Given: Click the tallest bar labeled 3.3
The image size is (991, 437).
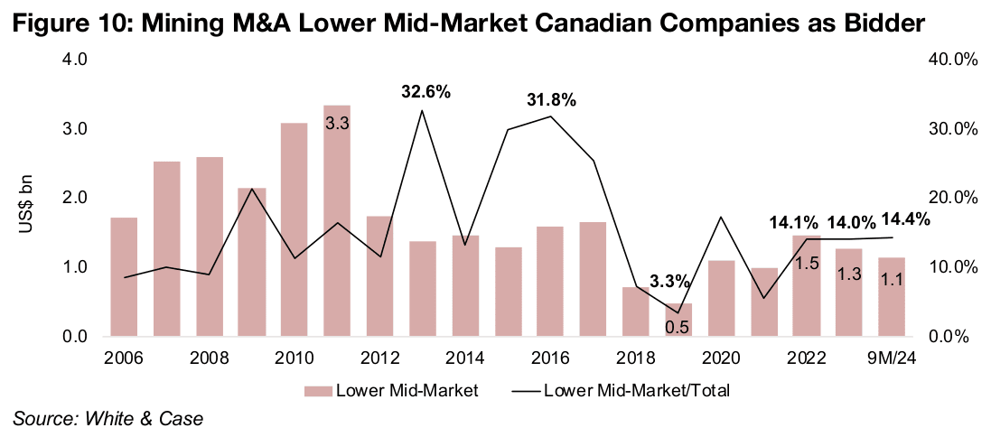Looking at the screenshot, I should tap(337, 220).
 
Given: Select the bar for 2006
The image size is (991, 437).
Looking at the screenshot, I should tap(124, 276).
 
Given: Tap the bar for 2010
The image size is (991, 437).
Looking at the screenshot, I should tap(294, 229).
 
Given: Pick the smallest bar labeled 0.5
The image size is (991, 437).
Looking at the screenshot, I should tap(678, 320).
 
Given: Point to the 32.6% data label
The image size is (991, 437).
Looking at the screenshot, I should tap(425, 92).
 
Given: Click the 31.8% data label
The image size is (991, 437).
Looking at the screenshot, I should tap(551, 100).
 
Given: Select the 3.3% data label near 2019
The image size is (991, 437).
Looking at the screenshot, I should tap(668, 281).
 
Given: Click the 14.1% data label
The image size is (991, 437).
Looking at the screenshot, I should tap(794, 222).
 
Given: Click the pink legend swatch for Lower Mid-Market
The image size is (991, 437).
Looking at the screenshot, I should tap(318, 391).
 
